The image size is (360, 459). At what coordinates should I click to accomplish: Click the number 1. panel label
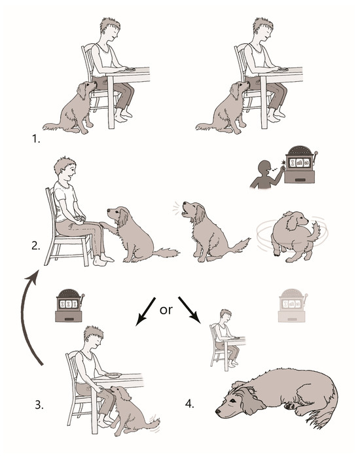point(36,138)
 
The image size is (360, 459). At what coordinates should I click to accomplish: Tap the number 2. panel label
point(36,246)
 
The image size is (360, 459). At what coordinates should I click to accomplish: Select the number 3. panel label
point(39,405)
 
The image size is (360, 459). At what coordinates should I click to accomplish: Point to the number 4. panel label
point(190,404)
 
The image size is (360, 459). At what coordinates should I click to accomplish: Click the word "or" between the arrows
point(166,310)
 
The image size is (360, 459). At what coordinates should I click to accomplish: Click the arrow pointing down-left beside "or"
point(145,312)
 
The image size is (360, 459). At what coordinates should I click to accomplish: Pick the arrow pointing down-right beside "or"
point(189,310)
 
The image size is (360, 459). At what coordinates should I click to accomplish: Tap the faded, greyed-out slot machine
point(292,305)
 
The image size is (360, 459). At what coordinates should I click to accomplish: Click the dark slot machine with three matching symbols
point(69,305)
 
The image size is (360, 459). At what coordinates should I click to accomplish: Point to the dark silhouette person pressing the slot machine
point(267,174)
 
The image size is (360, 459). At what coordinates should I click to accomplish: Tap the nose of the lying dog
point(218,411)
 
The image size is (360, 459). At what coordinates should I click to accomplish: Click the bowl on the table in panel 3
point(113,375)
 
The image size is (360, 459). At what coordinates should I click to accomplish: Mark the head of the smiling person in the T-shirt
point(65,169)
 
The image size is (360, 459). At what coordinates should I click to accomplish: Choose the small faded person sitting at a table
point(227,340)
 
